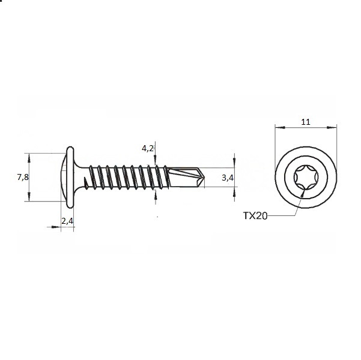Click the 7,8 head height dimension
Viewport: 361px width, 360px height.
tap(23, 177)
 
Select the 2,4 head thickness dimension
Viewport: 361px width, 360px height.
tap(67, 221)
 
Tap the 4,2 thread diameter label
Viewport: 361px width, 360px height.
tap(148, 149)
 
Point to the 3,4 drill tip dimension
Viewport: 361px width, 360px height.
tap(228, 178)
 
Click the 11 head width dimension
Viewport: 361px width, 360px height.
tap(306, 122)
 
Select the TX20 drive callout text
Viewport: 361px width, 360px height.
tap(255, 216)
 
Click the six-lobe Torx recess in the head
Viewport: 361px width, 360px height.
tap(306, 178)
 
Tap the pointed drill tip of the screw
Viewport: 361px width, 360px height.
tap(204, 178)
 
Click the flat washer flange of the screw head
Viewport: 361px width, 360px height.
tap(70, 177)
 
